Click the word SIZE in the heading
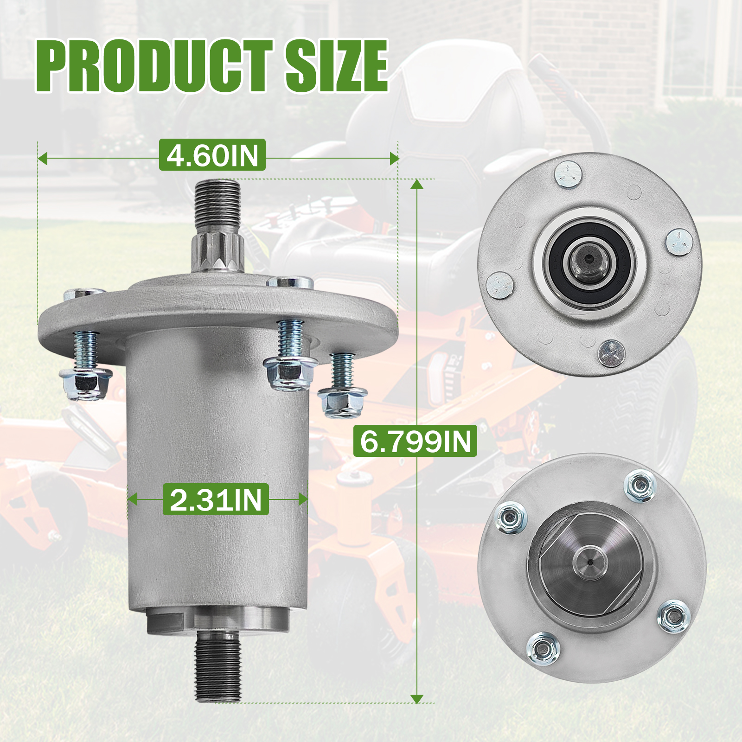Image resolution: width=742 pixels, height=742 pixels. [x=336, y=66]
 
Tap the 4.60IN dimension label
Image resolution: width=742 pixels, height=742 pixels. [x=212, y=155]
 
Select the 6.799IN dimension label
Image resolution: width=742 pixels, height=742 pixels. [x=415, y=441]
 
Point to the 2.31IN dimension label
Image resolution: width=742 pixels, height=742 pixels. [x=216, y=499]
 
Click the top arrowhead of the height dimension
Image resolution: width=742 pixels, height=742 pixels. [x=417, y=184]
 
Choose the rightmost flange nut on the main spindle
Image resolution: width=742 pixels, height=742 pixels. [x=342, y=403]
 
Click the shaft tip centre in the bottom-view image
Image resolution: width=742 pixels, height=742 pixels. [x=589, y=562]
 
